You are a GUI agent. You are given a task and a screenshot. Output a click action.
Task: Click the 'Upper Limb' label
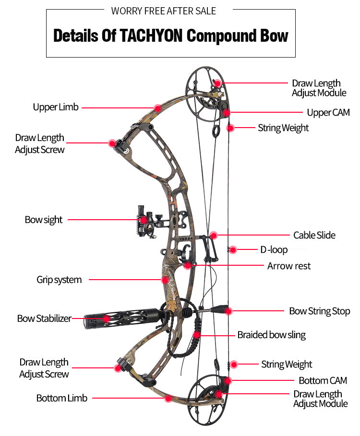56,107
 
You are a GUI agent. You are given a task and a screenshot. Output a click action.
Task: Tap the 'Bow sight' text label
44,220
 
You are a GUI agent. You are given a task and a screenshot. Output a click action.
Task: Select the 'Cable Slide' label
314,235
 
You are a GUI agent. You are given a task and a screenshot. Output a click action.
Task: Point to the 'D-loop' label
274,250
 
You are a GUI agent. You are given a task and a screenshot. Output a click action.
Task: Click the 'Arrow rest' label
289,266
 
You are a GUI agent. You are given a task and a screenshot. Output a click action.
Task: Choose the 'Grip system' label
59,280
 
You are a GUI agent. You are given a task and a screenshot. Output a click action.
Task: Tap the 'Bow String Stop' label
320,311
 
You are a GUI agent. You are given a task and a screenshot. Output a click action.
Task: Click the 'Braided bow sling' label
272,335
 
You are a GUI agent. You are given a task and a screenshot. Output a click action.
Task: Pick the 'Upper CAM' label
328,113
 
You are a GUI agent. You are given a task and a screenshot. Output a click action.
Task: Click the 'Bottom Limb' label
62,398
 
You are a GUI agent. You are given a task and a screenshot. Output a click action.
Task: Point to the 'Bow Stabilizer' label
44,318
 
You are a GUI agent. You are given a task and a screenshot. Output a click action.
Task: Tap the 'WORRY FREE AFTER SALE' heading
164,11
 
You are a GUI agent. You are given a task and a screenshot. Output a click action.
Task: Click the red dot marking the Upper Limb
157,108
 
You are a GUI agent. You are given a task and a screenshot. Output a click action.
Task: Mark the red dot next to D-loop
233,249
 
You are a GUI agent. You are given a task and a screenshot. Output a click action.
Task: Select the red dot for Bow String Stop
229,311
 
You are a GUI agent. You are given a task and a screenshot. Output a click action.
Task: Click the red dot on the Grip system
165,279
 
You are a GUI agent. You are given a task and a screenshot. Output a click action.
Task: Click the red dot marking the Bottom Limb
168,398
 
